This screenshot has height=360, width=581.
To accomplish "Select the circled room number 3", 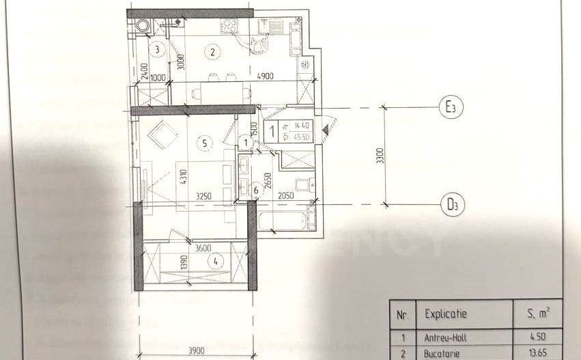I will pyautogui.click(x=158, y=49).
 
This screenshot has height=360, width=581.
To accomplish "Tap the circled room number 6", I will pyautogui.click(x=256, y=190).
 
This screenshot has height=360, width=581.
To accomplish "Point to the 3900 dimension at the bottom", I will pyautogui.click(x=197, y=349).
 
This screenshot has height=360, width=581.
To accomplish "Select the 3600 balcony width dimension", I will pyautogui.click(x=206, y=249).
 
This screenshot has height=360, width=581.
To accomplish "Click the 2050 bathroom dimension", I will pyautogui.click(x=285, y=195).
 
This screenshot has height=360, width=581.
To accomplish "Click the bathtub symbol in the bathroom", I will pyautogui.click(x=283, y=221).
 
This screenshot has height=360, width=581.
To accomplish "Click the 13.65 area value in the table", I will pyautogui.click(x=539, y=355).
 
